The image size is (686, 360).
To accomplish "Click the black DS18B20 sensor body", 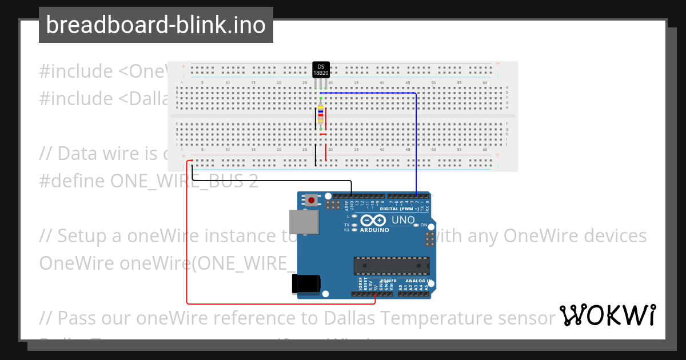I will click(321, 70).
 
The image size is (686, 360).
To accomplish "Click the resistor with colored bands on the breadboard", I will click(321, 115).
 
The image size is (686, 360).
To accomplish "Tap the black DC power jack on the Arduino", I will click(306, 285).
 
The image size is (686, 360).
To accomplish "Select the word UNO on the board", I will click(403, 220).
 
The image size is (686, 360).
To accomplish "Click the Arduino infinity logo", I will click(374, 221).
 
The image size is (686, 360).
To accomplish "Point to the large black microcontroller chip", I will click(391, 266).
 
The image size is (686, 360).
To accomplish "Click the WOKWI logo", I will click(607, 315).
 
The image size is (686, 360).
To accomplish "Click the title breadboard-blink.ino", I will click(155, 25).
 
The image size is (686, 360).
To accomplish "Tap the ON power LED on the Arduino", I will click(416, 225).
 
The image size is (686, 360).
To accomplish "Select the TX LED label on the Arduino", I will click(347, 225).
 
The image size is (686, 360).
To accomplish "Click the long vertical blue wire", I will click(416, 143).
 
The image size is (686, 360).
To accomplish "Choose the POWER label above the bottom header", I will click(388, 281).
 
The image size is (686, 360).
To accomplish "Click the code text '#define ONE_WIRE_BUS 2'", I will click(149, 181).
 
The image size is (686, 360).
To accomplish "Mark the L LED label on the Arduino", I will click(348, 217).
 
